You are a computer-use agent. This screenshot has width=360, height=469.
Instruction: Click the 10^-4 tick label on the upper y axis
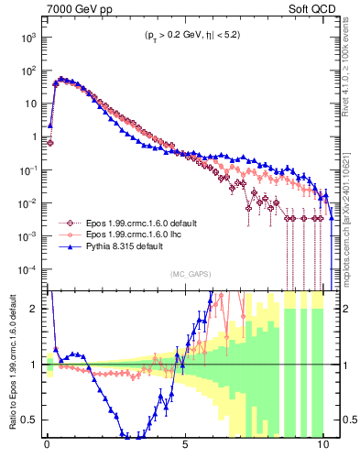pos(28,269)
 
